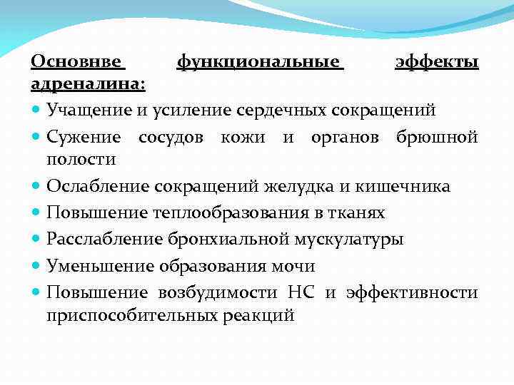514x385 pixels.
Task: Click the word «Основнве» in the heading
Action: pos(78,63)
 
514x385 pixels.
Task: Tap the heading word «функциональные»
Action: pos(260,63)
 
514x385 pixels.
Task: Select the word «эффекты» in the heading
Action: pos(436,63)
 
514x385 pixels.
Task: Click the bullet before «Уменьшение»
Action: pos(36,266)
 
